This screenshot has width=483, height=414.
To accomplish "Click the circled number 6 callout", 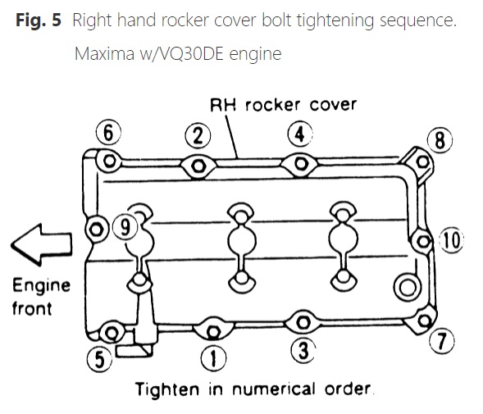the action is click(108, 133).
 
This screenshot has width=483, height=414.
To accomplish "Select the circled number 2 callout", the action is click(198, 135).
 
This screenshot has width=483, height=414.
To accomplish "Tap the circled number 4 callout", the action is click(300, 134).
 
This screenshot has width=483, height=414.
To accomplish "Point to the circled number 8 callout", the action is click(440, 140).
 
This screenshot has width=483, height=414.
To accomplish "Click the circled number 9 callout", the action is click(125, 227).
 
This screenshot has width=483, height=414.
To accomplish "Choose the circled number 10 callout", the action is click(452, 240).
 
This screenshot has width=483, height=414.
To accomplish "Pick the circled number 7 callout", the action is click(442, 341).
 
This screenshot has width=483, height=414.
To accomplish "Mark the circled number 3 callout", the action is click(303, 350).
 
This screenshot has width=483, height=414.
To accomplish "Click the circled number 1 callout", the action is click(213, 358).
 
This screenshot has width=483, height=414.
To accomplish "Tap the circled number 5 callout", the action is click(99, 359).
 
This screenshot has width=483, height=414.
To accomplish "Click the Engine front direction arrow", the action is click(42, 245).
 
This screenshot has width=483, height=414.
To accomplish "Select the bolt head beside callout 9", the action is click(96, 230).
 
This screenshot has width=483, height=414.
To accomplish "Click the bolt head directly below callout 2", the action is click(198, 166).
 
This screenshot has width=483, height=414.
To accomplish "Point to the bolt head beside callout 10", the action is click(424, 241).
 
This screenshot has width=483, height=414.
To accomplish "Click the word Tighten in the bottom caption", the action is click(167, 389).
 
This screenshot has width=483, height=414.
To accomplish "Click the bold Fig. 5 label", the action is click(39, 20).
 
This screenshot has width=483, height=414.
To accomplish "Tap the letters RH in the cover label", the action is click(223, 105).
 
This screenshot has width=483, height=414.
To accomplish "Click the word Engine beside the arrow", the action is click(42, 286).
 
